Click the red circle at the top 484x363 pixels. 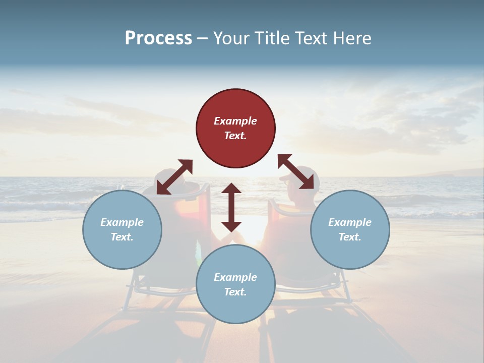[235, 128]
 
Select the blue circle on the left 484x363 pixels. [122, 229]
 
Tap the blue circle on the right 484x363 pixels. [350, 229]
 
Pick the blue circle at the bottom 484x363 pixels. [235, 284]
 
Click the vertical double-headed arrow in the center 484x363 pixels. [231, 207]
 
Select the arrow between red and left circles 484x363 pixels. [174, 177]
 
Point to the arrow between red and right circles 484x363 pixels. [296, 171]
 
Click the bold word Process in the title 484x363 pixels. [158, 38]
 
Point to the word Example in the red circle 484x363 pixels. [235, 121]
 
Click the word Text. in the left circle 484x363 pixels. [122, 237]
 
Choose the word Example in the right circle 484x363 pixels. [350, 222]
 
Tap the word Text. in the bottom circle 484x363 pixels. [235, 292]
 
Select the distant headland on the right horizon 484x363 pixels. [444, 173]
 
